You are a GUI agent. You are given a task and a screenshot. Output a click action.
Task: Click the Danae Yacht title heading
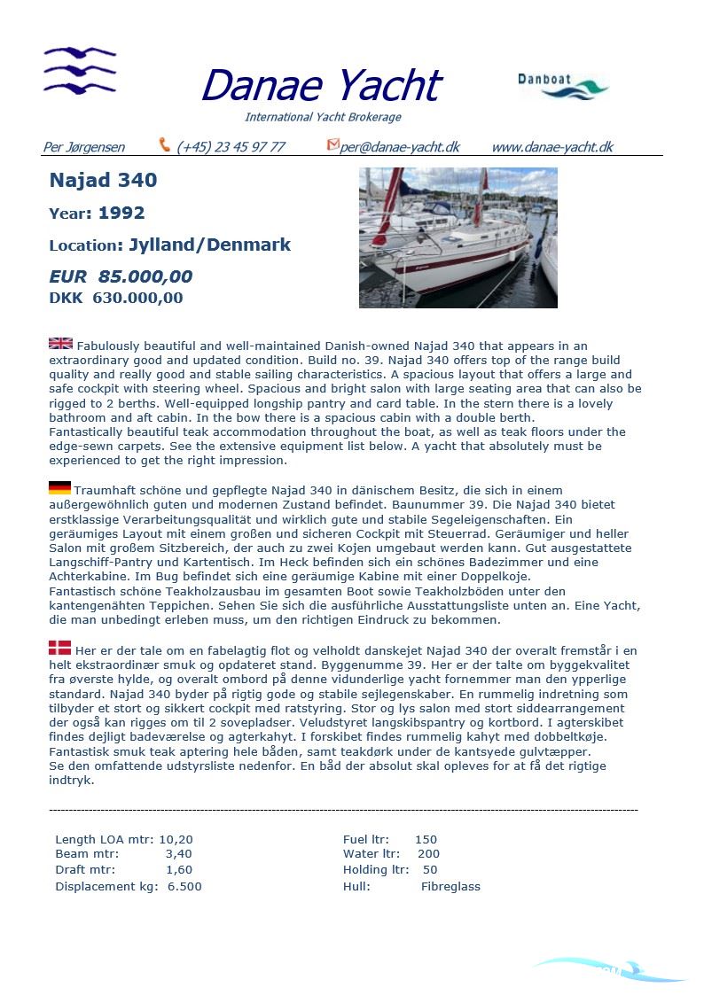[320, 86]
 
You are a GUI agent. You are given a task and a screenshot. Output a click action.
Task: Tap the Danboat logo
[563, 86]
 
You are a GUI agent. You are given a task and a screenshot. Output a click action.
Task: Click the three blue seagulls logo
[80, 70]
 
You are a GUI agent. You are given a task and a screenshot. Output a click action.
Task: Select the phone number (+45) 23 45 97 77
[231, 147]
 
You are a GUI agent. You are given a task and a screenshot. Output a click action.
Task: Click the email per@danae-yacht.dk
[399, 147]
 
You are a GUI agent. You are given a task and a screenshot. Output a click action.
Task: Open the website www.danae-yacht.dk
[551, 147]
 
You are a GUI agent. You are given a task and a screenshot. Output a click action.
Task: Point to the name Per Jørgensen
[84, 147]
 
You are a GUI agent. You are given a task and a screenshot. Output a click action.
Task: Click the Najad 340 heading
[103, 180]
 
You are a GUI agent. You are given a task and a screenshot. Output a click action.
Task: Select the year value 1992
[121, 213]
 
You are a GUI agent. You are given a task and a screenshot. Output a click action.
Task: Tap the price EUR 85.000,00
[121, 276]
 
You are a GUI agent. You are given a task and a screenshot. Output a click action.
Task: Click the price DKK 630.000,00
[116, 298]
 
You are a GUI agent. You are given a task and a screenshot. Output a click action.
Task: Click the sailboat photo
[458, 237]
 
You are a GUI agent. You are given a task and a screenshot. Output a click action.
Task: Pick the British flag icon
[60, 344]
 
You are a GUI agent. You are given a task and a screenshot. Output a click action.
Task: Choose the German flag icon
[59, 488]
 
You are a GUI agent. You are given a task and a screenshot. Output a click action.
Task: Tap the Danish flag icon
[59, 649]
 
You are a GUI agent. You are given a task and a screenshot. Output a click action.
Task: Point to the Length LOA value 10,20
[176, 839]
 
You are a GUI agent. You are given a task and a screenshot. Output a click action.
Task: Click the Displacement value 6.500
[184, 886]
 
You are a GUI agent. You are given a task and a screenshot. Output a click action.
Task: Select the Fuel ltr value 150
[426, 839]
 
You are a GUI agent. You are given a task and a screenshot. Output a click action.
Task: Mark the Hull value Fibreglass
[450, 886]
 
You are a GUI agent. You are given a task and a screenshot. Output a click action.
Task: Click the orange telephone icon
[165, 144]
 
